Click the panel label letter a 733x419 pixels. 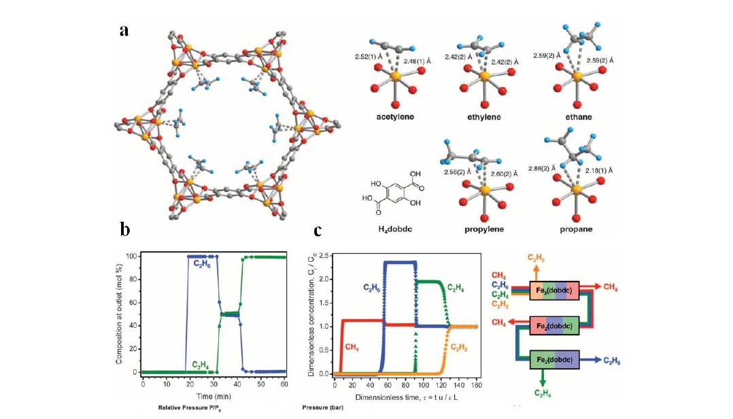[124, 31]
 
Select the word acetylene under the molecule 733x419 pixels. [395, 117]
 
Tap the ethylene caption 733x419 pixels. [484, 117]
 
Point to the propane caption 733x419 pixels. [576, 229]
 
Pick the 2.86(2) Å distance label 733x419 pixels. [542, 169]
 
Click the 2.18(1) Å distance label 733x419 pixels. [599, 171]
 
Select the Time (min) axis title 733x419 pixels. [214, 396]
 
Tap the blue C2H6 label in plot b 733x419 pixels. [202, 263]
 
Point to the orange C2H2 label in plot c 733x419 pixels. [459, 348]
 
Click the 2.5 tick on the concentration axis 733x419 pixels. [324, 256]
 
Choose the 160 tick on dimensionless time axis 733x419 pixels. [476, 385]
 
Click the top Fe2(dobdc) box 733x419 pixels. [554, 291]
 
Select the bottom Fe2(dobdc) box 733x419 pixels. [554, 360]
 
